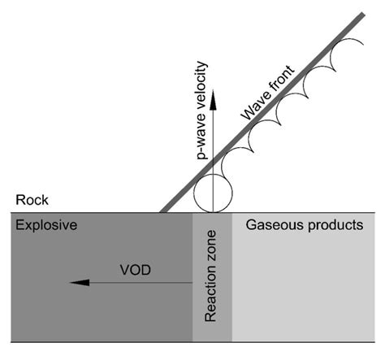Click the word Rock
click(x=27, y=200)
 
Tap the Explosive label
click(x=46, y=224)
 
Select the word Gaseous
click(x=270, y=224)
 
